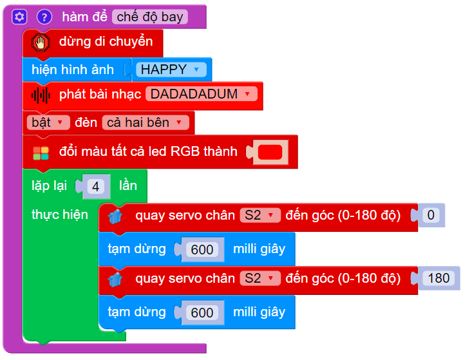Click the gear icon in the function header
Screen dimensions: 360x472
[x=19, y=17]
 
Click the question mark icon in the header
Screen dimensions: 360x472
[x=44, y=17]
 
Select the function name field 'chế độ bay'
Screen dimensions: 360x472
[x=150, y=17]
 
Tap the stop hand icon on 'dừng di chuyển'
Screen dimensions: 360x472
[x=42, y=43]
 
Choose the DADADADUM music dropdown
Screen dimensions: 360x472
[x=201, y=94]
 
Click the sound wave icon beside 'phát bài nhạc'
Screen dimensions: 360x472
[x=41, y=95]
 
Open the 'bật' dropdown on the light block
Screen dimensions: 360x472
[x=48, y=122]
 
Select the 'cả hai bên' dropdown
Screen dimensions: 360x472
[x=147, y=122]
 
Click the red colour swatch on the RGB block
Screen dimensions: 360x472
[x=270, y=153]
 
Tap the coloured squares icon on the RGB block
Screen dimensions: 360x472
[x=41, y=153]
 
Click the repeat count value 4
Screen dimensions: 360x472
[x=96, y=187]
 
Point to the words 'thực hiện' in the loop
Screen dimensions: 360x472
[x=60, y=214]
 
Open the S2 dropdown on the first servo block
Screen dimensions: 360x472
[x=260, y=215]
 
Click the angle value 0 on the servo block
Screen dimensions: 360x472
[x=431, y=215]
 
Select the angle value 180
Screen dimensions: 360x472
[x=439, y=278]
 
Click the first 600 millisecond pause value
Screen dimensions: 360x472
[x=202, y=249]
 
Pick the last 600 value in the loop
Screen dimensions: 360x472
[x=202, y=312]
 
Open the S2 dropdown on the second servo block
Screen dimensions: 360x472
[x=260, y=278]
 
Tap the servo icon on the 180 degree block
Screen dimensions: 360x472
[x=116, y=279]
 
